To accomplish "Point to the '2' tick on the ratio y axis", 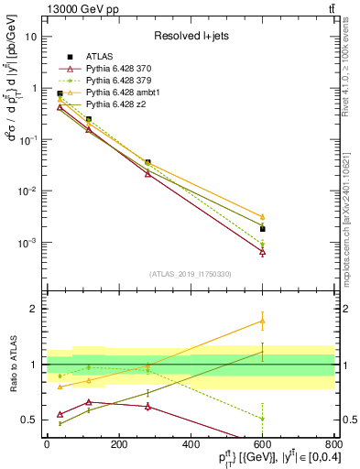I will pyautogui.click(x=35, y=309).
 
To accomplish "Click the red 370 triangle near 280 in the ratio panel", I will pyautogui.click(x=147, y=406).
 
